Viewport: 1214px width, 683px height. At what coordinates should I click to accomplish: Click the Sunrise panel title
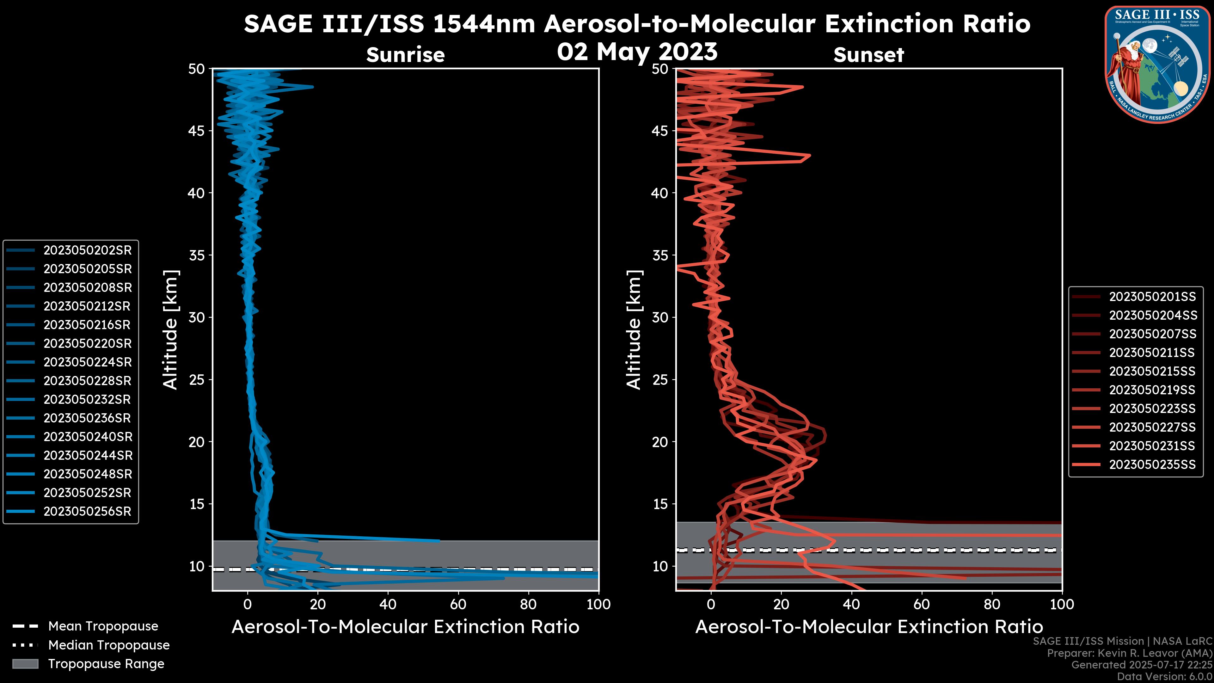[x=405, y=55]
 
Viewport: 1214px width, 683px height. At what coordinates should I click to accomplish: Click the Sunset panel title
[x=868, y=55]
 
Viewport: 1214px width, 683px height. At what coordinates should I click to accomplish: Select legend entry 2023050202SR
[x=87, y=250]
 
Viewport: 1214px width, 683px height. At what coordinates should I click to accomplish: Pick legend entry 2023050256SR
[x=87, y=511]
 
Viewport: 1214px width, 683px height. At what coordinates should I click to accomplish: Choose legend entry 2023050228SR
[x=87, y=381]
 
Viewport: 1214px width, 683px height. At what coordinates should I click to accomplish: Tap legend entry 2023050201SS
[x=1152, y=297]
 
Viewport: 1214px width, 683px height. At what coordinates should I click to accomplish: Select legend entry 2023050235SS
[x=1152, y=465]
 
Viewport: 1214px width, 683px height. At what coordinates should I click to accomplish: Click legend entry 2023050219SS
[x=1152, y=390]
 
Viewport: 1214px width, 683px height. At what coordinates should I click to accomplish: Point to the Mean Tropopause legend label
[x=103, y=626]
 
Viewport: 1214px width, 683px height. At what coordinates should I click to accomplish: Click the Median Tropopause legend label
[x=109, y=645]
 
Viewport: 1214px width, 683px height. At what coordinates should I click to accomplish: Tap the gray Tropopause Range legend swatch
[x=25, y=664]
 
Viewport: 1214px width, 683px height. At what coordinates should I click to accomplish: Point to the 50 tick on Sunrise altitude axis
[x=197, y=69]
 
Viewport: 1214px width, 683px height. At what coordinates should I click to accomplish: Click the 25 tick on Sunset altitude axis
[x=660, y=380]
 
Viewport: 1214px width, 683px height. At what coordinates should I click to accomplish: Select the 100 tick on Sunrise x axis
[x=598, y=604]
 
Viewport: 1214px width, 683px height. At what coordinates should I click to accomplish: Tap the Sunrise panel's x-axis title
[x=405, y=627]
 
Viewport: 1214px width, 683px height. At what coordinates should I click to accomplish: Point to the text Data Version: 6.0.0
[x=1165, y=677]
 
